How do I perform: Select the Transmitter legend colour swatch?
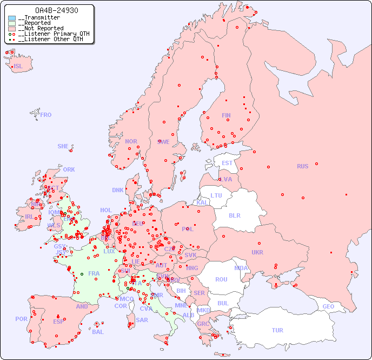pos(12,18)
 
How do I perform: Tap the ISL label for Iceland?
pos(18,67)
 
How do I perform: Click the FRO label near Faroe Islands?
pos(46,115)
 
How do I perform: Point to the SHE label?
pos(63,146)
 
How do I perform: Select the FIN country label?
pos(226,115)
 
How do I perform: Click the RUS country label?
pos(302,166)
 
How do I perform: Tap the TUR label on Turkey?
pos(277,330)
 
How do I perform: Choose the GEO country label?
pos(328,306)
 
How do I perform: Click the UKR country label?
pos(257,252)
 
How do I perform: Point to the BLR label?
pos(235,215)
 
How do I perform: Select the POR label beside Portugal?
pos(21,319)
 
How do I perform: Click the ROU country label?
pos(221,279)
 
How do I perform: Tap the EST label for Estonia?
pos(227,163)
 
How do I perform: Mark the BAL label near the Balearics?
pos(98,332)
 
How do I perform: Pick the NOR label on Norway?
pos(131,141)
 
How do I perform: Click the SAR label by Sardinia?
pos(142,320)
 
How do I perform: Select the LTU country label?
pos(216,195)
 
